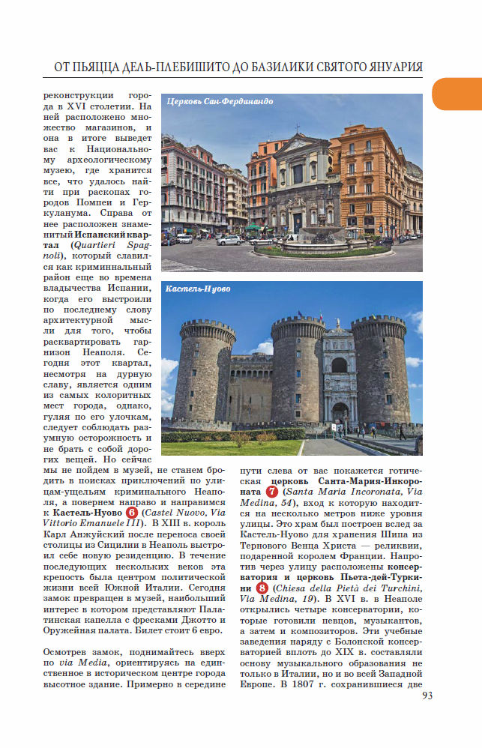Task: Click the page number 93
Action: click(x=427, y=695)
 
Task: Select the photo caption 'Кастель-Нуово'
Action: click(x=197, y=289)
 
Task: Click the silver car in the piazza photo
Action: click(x=230, y=240)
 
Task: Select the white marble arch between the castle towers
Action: click(x=339, y=375)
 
